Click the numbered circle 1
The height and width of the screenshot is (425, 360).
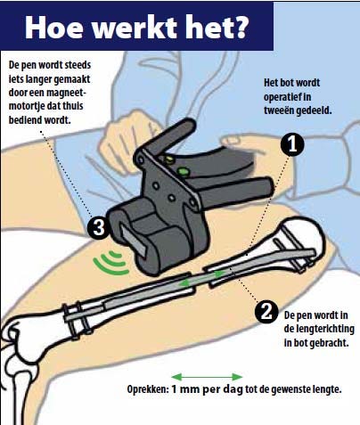pyautogui.click(x=292, y=145)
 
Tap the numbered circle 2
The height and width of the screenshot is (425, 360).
pyautogui.click(x=266, y=312)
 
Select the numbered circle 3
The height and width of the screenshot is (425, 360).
pyautogui.click(x=99, y=227)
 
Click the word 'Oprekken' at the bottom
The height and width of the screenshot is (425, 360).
pyautogui.click(x=148, y=389)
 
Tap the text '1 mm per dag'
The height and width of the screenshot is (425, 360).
pyautogui.click(x=208, y=389)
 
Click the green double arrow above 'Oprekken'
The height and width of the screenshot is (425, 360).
pyautogui.click(x=207, y=377)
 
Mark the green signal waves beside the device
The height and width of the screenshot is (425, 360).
pyautogui.click(x=111, y=263)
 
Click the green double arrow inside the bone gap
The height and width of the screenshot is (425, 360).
pyautogui.click(x=202, y=279)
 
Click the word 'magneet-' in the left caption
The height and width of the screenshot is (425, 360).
pyautogui.click(x=66, y=93)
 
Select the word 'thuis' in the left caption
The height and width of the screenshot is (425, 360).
pyautogui.click(x=74, y=106)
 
